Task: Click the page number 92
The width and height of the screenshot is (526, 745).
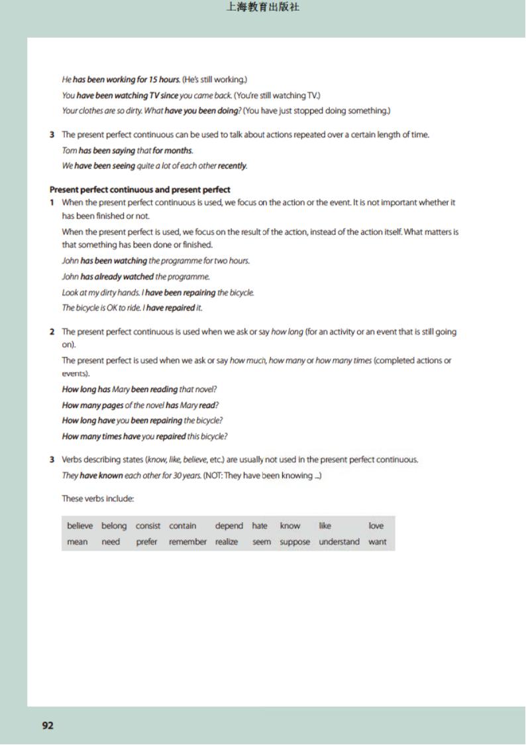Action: click(48, 726)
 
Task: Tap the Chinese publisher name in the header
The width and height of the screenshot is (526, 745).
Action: click(263, 8)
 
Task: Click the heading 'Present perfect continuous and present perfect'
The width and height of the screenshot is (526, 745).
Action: click(140, 190)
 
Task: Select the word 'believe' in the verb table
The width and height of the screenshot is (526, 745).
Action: click(80, 526)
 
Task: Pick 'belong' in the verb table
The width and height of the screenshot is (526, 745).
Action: click(114, 526)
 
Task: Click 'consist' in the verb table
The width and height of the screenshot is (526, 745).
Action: click(148, 526)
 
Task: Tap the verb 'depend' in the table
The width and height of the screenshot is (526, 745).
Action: click(229, 526)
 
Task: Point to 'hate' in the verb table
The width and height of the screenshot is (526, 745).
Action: click(260, 526)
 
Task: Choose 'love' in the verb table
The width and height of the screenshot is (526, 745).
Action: click(376, 526)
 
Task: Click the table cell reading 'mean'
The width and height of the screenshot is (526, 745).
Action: click(78, 542)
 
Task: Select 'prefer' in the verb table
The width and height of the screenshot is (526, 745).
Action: click(147, 542)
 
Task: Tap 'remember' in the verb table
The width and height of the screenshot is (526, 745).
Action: click(188, 542)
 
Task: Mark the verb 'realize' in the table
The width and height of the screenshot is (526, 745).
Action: click(227, 542)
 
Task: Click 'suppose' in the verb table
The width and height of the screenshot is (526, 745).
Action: click(295, 542)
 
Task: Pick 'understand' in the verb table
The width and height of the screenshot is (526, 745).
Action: click(339, 542)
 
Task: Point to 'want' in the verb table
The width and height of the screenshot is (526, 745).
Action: click(378, 542)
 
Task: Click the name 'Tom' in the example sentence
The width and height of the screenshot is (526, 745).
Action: click(69, 151)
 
